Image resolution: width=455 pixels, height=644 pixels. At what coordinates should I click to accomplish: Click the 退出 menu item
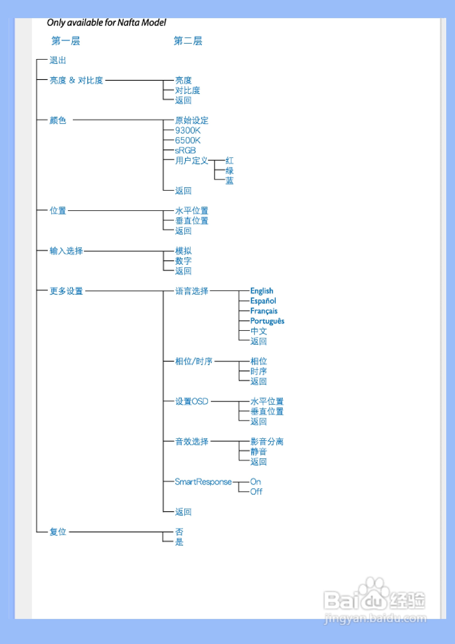[x=58, y=60]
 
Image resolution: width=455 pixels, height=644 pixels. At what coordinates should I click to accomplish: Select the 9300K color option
[x=188, y=130]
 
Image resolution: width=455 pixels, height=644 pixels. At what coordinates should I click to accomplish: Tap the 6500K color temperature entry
[x=188, y=140]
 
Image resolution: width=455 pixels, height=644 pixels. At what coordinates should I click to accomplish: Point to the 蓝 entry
[x=229, y=181]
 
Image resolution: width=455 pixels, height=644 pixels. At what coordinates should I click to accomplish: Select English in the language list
[x=262, y=291]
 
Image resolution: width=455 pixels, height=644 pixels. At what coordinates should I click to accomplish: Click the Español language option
[x=263, y=301]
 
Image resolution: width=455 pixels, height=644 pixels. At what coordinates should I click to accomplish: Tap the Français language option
[x=264, y=311]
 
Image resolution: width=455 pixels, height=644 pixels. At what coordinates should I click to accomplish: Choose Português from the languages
[x=267, y=321]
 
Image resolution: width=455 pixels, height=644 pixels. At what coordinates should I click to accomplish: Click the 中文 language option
[x=259, y=331]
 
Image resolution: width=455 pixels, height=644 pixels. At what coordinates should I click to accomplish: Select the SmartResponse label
[x=203, y=482]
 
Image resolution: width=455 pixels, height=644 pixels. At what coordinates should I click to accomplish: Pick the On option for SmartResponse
[x=256, y=482]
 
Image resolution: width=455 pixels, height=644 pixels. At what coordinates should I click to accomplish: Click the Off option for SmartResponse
[x=256, y=492]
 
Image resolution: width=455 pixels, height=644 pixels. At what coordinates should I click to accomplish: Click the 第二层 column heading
[x=188, y=41]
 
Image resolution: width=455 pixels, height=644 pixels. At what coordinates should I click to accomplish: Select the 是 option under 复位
[x=179, y=542]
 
